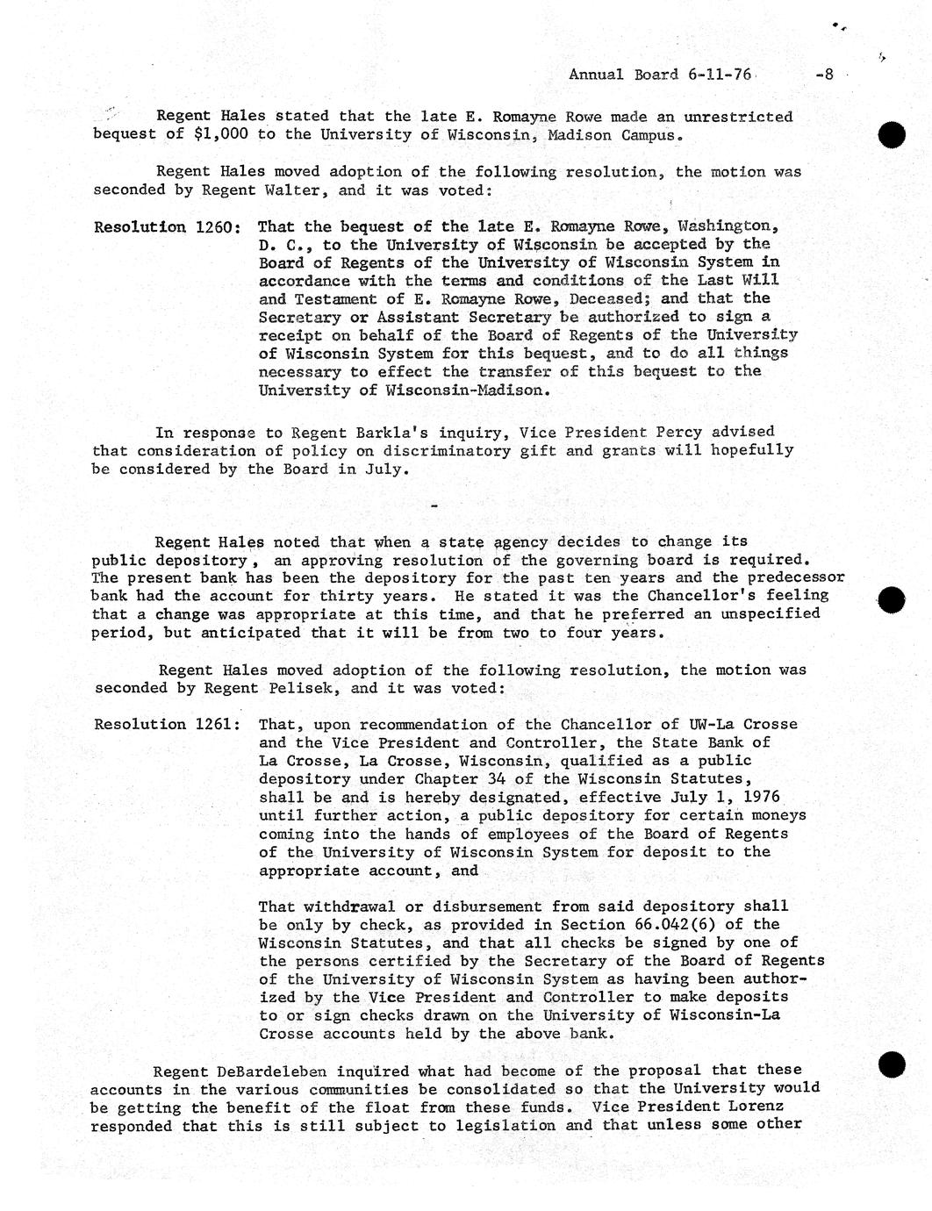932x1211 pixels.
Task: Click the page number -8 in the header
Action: pos(823,75)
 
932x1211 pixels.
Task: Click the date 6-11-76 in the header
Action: pos(720,75)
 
